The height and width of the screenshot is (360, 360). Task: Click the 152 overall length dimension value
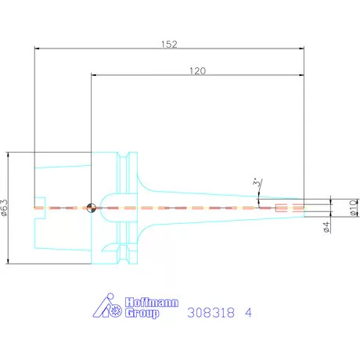click(169, 44)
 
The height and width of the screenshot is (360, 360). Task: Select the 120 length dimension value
click(197, 70)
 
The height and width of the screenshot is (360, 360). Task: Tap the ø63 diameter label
click(5, 208)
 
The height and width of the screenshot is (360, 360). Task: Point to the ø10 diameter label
click(354, 208)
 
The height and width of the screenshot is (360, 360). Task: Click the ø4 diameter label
click(326, 227)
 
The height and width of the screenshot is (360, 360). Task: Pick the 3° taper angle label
click(257, 182)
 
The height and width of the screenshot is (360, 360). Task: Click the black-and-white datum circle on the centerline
click(91, 208)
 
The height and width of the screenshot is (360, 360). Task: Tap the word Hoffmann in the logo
click(152, 302)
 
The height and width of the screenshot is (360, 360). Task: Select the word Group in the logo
click(142, 313)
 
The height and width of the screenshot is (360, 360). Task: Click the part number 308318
click(211, 312)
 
